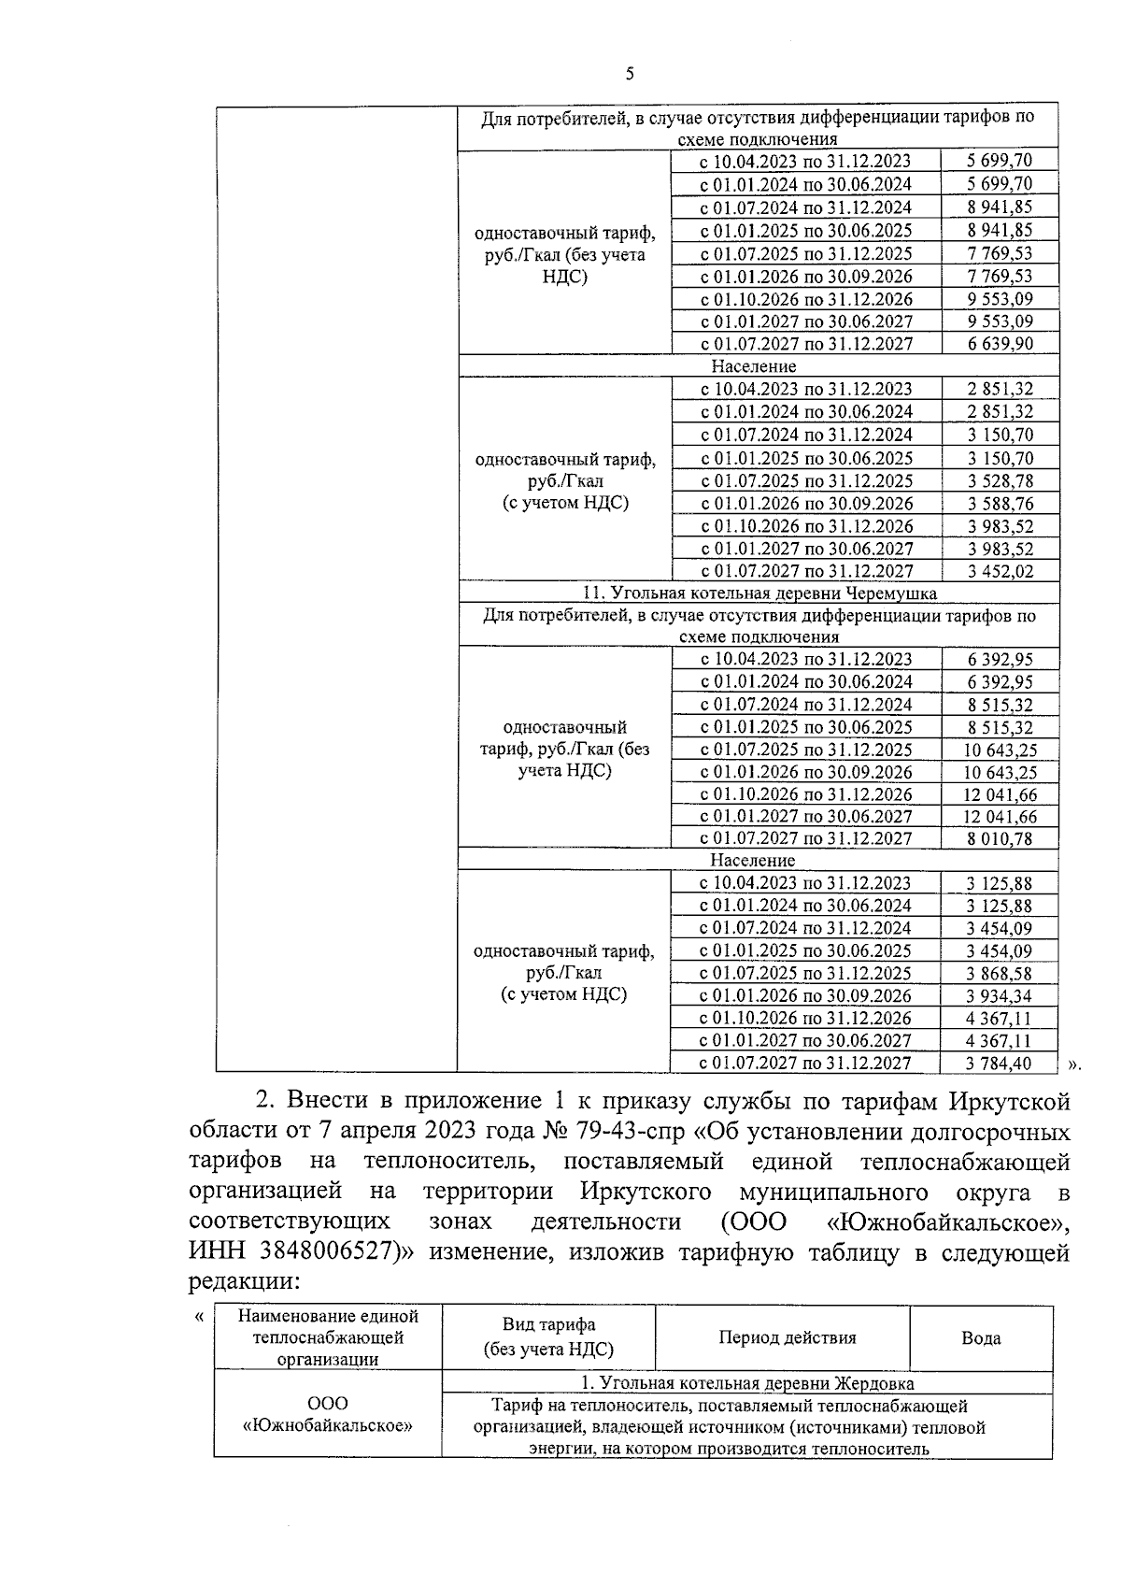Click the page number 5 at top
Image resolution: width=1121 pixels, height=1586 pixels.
629,74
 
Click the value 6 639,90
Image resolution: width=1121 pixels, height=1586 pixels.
1000,344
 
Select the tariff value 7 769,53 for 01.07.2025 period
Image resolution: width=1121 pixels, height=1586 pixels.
1000,253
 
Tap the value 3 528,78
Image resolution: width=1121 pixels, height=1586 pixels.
1000,481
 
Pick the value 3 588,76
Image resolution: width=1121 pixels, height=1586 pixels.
1000,504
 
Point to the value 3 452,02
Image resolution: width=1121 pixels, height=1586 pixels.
1000,572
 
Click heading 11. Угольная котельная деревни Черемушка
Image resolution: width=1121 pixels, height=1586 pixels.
759,593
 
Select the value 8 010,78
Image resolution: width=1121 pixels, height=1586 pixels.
1000,839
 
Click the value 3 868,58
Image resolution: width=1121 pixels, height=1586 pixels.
1000,974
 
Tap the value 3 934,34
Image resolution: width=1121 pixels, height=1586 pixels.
1000,996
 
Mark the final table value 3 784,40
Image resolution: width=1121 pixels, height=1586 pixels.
1000,1064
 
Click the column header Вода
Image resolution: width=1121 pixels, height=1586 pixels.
981,1338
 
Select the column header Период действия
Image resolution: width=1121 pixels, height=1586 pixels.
787,1338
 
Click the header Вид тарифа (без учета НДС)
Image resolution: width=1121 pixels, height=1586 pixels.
548,1337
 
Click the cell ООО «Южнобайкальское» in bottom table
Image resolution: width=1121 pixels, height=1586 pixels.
327,1415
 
